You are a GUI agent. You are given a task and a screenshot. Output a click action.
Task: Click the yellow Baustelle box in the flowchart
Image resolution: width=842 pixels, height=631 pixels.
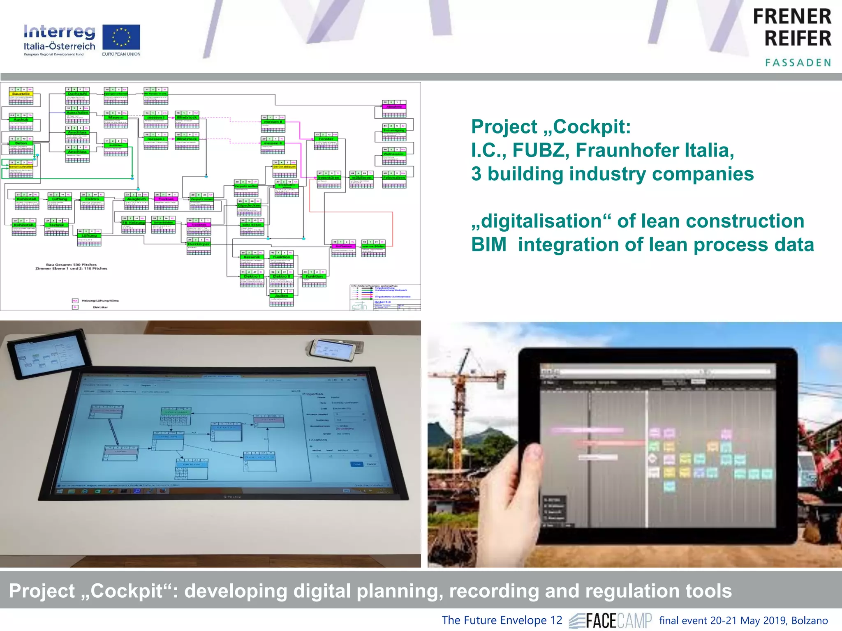pos(21,94)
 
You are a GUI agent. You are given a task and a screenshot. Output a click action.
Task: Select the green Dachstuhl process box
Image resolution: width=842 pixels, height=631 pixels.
pos(77,94)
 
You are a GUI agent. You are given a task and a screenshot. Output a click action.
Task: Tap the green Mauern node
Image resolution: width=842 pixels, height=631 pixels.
pos(116,117)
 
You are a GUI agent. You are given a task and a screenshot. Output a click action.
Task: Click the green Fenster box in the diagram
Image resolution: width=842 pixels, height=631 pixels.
pos(326,139)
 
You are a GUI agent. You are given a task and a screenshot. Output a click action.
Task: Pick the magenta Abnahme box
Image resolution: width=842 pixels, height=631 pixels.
pos(394,107)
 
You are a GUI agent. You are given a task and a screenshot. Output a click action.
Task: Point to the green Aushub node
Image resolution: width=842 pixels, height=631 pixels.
pos(21,120)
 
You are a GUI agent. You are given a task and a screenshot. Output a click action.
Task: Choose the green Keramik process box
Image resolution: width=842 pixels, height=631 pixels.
pos(252,257)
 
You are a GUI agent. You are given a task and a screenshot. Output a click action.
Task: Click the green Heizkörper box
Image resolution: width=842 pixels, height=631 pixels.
pos(199,244)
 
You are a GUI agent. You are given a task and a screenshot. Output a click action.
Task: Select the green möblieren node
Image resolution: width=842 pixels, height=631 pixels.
pos(361,178)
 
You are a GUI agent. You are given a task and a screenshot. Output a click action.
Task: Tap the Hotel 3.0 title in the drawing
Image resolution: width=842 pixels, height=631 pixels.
pos(382,302)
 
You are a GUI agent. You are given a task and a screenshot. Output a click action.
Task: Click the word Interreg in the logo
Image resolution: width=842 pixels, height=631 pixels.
pos(59,32)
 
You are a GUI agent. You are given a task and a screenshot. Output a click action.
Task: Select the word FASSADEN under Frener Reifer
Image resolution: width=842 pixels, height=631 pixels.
pos(798,63)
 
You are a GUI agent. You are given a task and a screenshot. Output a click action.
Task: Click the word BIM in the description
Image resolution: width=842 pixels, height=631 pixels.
pos(489,245)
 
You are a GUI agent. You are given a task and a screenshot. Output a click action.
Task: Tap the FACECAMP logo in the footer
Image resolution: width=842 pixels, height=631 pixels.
pos(611,620)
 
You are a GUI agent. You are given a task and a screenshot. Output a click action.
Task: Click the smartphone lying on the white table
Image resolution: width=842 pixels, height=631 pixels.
pos(334,349)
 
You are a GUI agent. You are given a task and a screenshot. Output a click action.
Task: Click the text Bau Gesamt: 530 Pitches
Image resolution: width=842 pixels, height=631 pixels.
pos(72,265)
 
